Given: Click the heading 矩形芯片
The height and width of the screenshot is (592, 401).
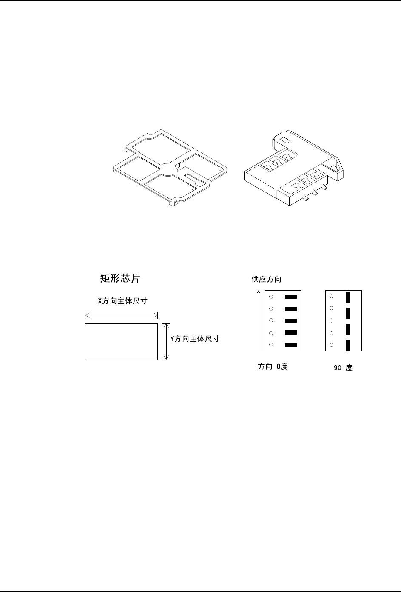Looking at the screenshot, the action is coord(119,279).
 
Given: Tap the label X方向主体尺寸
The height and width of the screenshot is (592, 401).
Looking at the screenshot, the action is coord(122,301).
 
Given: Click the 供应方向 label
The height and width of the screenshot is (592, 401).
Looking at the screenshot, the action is coord(267,280).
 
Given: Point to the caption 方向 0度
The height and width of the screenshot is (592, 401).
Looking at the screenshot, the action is coord(273,366).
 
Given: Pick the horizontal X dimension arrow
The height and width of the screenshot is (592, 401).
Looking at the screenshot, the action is coord(122,315).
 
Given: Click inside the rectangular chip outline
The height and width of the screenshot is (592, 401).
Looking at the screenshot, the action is coord(122,341).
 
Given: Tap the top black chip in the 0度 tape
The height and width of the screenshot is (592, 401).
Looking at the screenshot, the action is coord(290,297).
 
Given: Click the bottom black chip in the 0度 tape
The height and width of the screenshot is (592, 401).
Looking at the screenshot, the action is coord(290,345).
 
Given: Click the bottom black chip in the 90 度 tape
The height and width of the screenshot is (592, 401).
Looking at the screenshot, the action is coord(347,345).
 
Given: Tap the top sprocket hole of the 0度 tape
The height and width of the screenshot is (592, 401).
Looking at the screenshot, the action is coord(271,297).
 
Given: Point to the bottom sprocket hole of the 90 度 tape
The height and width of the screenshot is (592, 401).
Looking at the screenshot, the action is coord(331,345).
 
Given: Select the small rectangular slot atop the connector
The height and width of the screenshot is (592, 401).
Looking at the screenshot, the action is coord(285,139).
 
